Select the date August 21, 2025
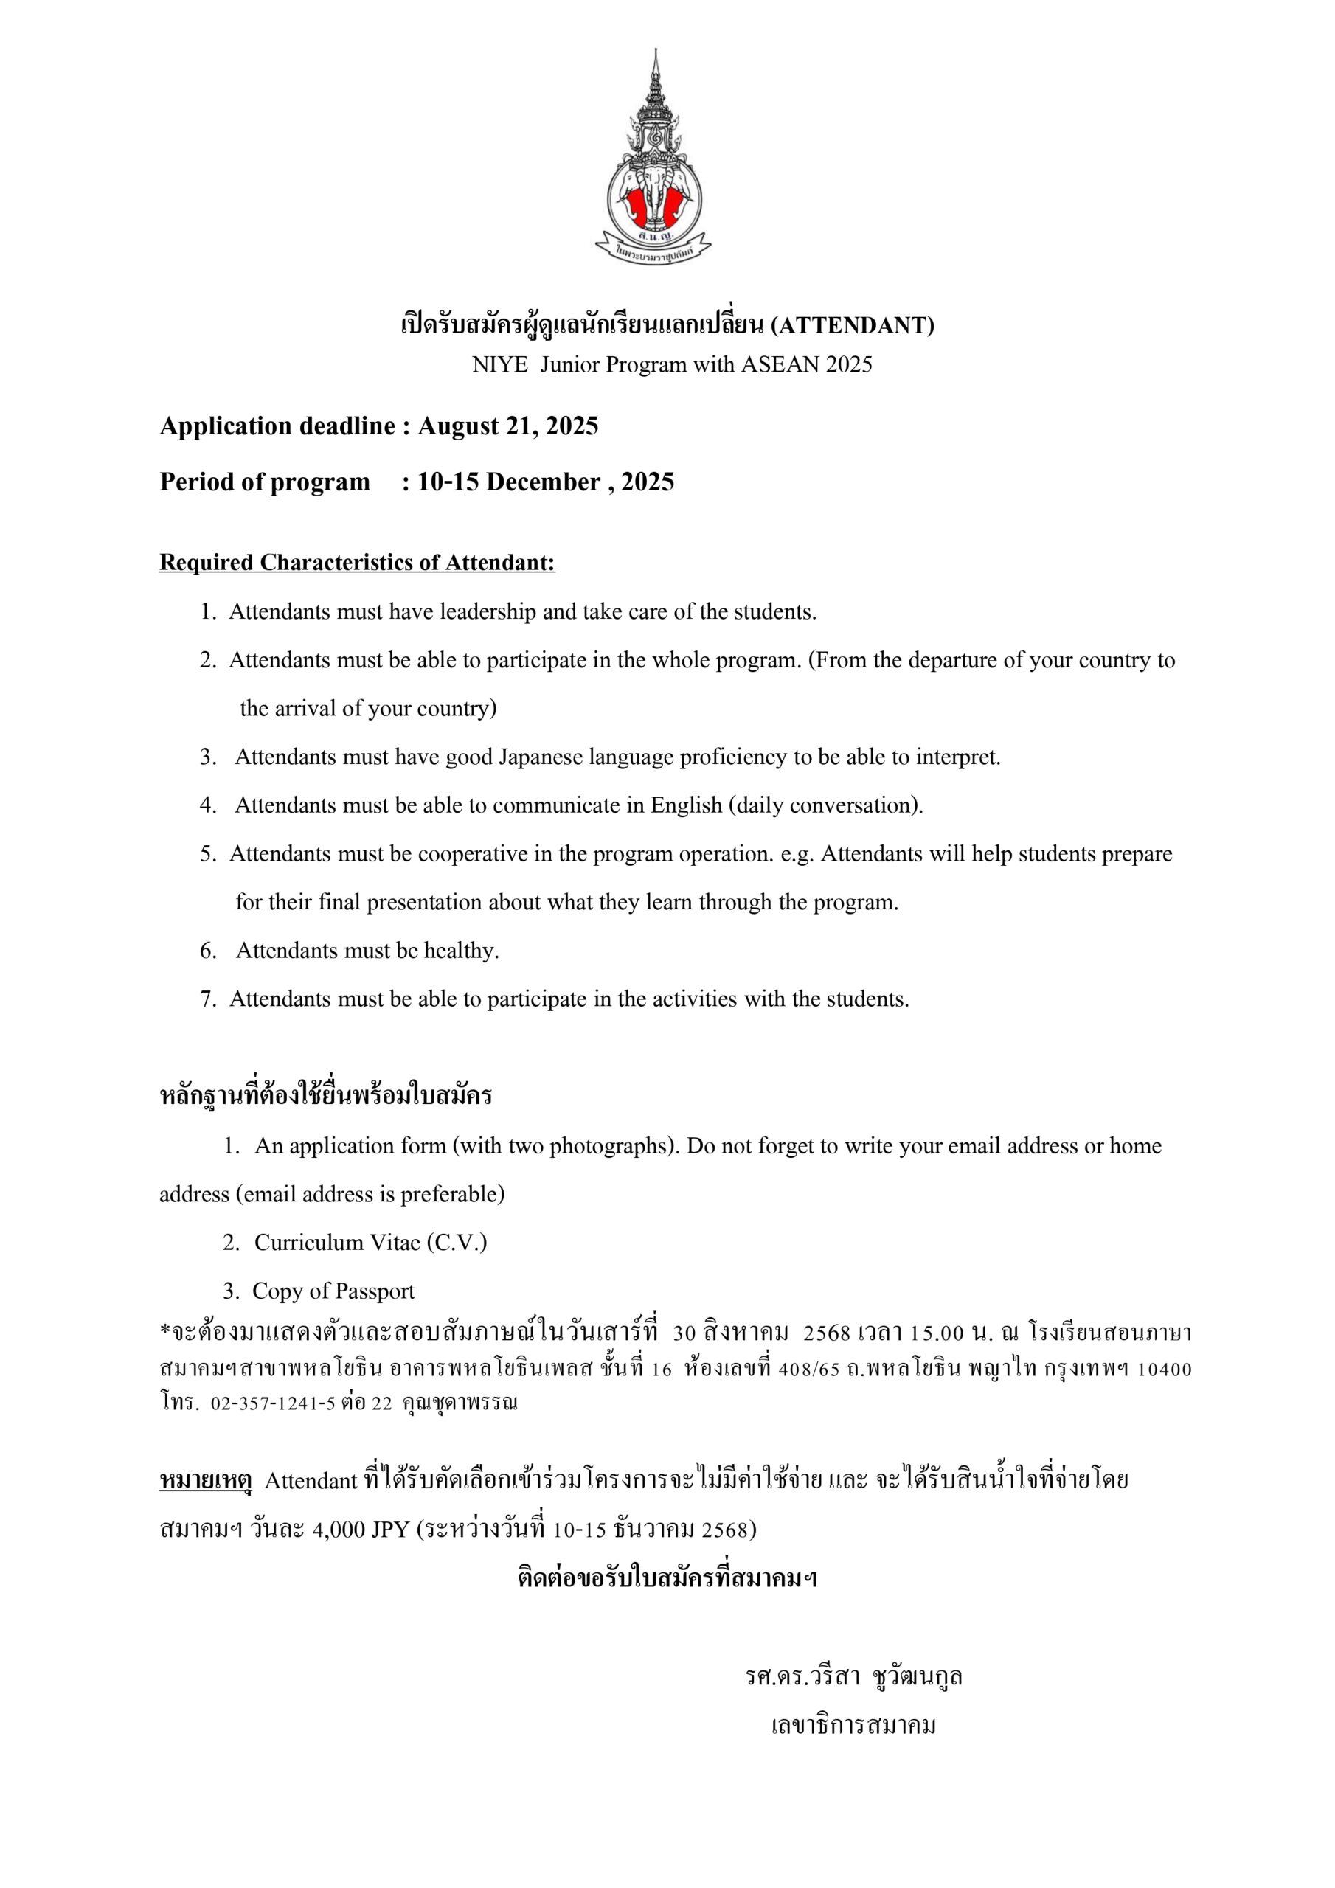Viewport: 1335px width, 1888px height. coord(507,426)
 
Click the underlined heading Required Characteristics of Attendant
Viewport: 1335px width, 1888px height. coord(357,563)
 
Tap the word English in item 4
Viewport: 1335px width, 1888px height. coord(687,805)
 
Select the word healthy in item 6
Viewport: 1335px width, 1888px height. coord(461,951)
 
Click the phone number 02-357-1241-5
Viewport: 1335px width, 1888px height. coord(273,1403)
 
